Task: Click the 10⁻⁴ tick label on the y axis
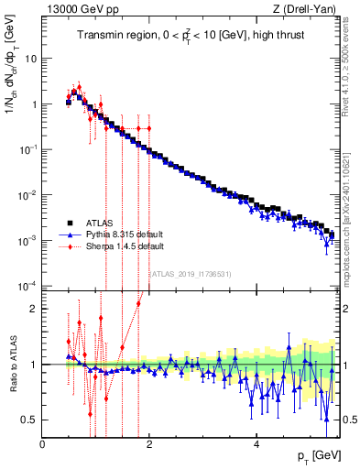tap(27, 286)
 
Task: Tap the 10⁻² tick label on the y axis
tap(27, 195)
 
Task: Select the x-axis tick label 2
tap(149, 444)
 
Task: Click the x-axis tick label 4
tap(256, 444)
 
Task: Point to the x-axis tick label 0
tap(43, 444)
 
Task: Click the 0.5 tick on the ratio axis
tap(29, 420)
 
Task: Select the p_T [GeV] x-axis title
tap(316, 455)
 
